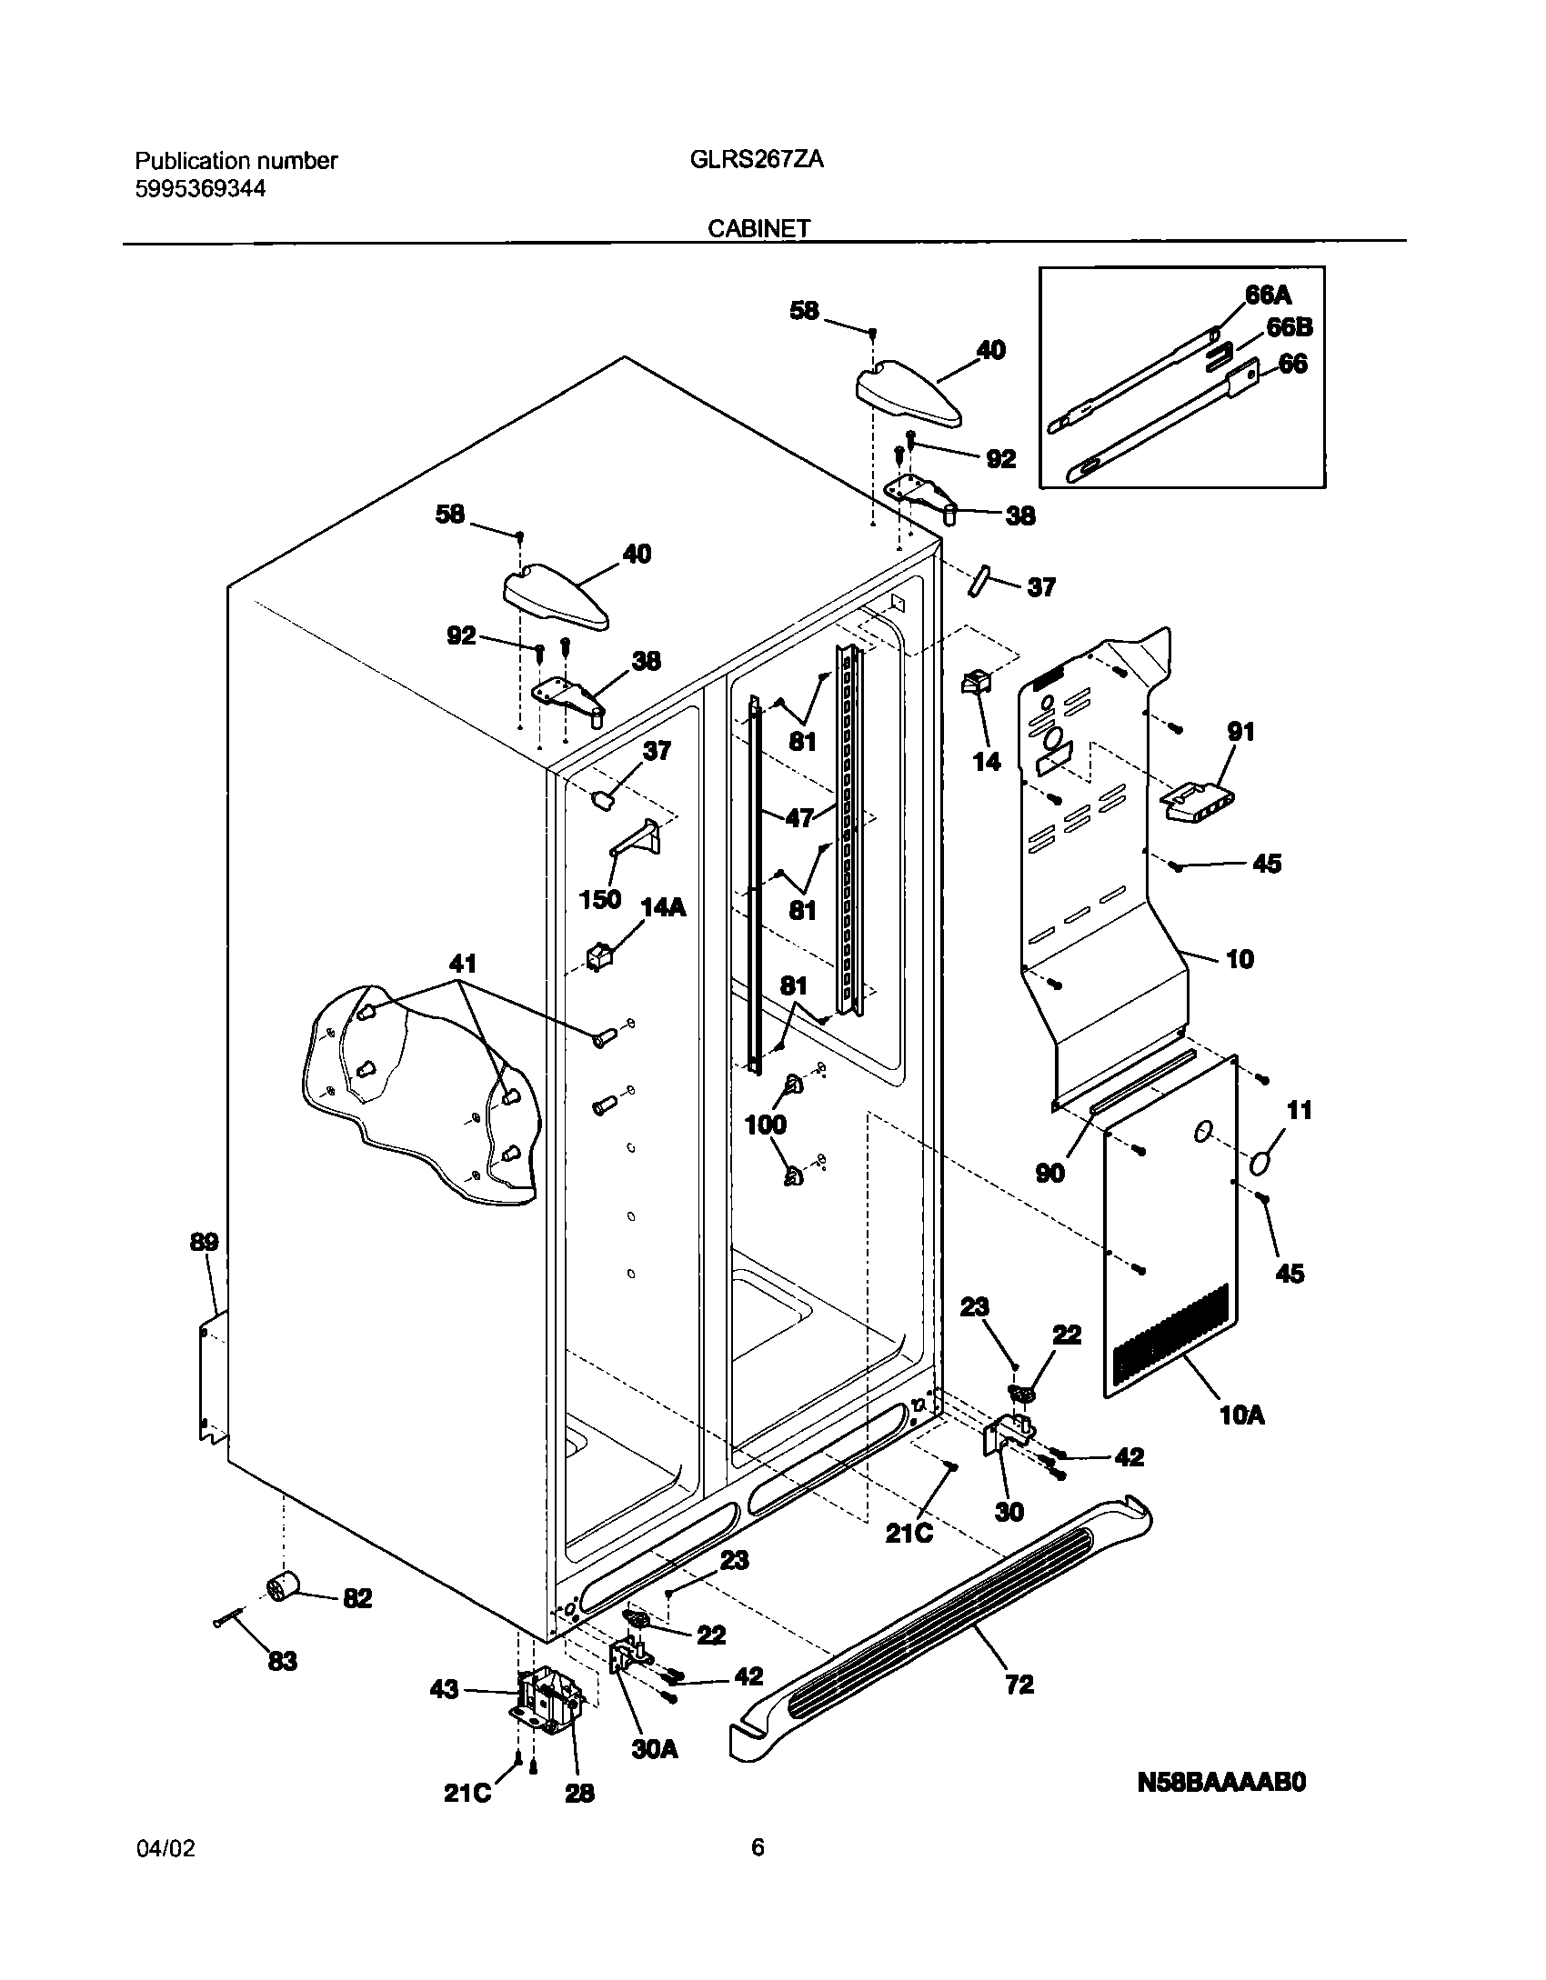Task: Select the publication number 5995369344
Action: coord(201,189)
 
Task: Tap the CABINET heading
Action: coord(759,229)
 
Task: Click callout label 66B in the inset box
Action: coord(1290,327)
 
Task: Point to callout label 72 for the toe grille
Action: coord(1019,1685)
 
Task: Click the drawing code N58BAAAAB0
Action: coord(1221,1783)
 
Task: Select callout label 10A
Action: coord(1242,1415)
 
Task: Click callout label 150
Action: coord(600,899)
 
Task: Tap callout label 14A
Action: coord(663,906)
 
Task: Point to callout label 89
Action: coord(205,1242)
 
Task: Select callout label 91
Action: coord(1240,731)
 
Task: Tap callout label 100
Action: coord(765,1125)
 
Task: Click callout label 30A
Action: coord(655,1748)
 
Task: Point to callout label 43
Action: coord(444,1690)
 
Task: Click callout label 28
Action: coord(579,1789)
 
